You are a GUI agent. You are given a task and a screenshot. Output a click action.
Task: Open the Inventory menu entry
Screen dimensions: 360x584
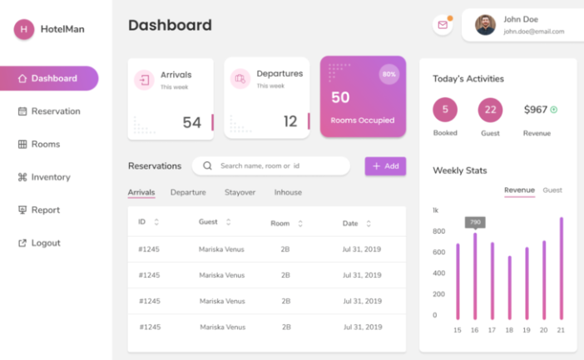point(50,177)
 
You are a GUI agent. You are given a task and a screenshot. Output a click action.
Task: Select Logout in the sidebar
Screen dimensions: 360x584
point(45,243)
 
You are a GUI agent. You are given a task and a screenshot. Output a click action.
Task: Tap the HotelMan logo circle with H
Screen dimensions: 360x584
point(24,29)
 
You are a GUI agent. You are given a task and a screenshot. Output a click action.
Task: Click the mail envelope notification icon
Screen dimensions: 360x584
point(443,25)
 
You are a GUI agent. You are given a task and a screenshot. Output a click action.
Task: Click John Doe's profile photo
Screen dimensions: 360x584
point(485,25)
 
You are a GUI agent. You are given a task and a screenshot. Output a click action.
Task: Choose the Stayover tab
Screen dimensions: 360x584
point(240,192)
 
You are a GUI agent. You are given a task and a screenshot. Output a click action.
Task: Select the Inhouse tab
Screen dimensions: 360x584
point(288,192)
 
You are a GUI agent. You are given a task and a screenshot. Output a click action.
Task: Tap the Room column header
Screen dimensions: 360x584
point(281,223)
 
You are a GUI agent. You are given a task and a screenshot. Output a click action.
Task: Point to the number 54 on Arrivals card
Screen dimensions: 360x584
point(192,122)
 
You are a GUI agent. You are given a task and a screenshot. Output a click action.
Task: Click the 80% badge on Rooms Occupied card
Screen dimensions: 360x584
point(389,75)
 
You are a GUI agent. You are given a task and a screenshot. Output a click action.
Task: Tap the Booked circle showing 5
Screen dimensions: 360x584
point(445,109)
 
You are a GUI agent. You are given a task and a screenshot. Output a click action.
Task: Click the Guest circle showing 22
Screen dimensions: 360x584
point(490,109)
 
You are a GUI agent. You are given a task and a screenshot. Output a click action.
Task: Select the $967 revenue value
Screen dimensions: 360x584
point(536,109)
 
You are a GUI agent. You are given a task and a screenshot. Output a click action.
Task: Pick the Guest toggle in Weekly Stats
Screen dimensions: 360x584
point(552,190)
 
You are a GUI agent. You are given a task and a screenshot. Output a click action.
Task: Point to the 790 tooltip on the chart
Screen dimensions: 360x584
point(475,222)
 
